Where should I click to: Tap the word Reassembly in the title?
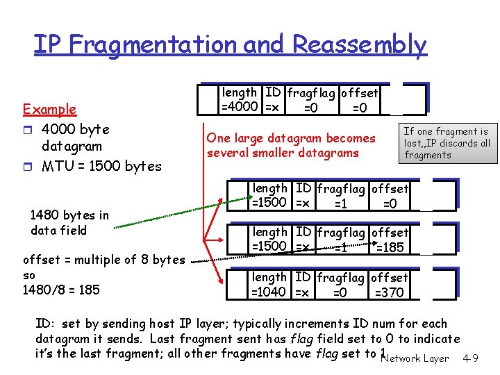pos(359,44)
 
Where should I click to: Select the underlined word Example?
pos(49,109)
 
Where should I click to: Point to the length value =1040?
pos(269,292)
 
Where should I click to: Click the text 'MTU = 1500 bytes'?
pos(101,166)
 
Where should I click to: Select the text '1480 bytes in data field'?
pos(69,223)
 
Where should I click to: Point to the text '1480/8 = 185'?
pos(61,290)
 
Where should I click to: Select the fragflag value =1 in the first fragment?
pos(340,203)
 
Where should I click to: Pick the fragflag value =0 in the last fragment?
pos(340,292)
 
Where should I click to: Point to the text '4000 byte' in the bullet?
pos(76,130)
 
